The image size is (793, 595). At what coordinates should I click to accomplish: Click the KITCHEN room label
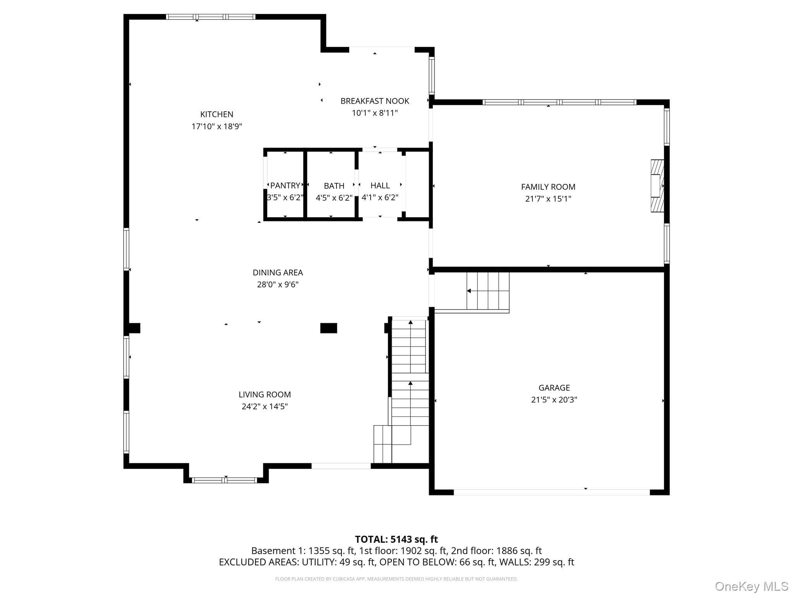(x=217, y=114)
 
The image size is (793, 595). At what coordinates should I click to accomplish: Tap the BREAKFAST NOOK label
(x=375, y=101)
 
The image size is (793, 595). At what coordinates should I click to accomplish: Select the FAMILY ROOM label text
(x=548, y=187)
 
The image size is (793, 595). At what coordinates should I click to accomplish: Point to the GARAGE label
(x=554, y=388)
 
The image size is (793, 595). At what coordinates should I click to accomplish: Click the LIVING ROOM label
(x=264, y=394)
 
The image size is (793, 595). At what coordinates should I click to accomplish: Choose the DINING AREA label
(x=278, y=272)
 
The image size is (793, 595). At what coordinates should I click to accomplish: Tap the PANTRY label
(x=285, y=186)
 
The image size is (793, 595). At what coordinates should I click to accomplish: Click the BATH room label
(x=334, y=186)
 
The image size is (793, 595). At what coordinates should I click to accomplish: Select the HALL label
(x=380, y=186)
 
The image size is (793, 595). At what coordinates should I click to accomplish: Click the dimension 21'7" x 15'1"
(x=548, y=199)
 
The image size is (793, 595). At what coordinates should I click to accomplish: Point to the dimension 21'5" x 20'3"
(x=554, y=400)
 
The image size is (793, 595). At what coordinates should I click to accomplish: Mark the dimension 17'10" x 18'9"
(x=217, y=126)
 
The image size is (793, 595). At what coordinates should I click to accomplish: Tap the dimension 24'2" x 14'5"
(x=264, y=406)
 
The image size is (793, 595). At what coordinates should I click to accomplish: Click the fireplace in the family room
(x=657, y=186)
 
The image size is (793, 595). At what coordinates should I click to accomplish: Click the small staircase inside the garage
(x=488, y=291)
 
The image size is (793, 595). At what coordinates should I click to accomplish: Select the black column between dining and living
(x=329, y=328)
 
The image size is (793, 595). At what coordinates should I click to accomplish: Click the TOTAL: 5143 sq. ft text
(x=396, y=539)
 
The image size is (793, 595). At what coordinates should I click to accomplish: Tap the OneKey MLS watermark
(x=752, y=586)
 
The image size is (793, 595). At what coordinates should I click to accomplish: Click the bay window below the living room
(x=225, y=480)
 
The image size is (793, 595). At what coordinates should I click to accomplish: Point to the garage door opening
(x=552, y=492)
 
